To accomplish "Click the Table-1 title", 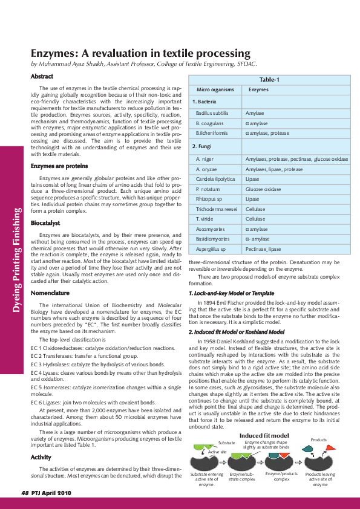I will (x=269, y=80).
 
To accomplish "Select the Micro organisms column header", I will (x=212, y=89).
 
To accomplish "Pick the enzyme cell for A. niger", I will (x=296, y=158).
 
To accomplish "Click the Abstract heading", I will (x=42, y=76).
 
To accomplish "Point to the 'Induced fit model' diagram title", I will (x=264, y=435).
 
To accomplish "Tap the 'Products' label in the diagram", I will (x=318, y=439).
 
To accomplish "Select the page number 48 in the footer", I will (x=25, y=493).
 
